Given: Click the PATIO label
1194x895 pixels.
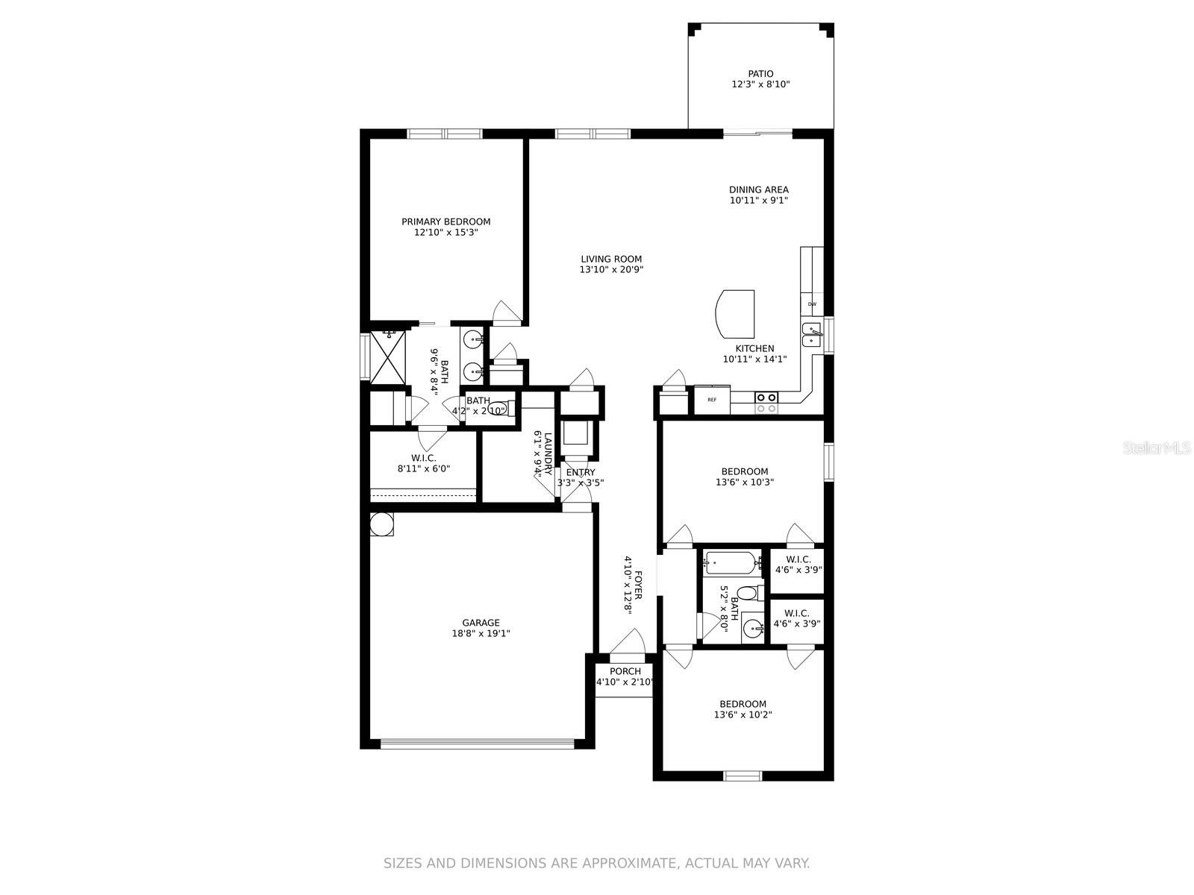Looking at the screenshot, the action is pos(760,74).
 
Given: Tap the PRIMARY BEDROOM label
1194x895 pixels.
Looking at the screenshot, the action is pos(446,222).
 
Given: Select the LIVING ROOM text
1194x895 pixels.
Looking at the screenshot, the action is pos(611,260).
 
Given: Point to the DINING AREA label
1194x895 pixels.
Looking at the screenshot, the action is pos(759,189).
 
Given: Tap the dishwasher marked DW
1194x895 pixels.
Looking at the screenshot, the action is pos(812,304).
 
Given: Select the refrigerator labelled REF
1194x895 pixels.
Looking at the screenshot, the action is pos(712,400).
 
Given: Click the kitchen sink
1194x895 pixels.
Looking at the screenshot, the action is pos(812,334).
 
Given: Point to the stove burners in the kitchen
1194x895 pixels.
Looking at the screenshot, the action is pos(766,403).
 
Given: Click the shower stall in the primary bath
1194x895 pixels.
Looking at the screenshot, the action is pos(388,357).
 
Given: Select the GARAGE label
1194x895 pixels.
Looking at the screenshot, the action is pos(481,623).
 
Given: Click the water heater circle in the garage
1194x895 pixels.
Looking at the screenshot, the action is pos(381,524).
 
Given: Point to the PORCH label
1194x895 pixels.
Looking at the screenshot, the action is pos(625,672).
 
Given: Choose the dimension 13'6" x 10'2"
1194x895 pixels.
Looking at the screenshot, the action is pos(743,715).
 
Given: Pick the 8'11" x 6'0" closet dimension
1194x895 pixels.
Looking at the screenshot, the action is pos(424,468).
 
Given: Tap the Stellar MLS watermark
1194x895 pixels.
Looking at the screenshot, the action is pos(1156,448).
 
